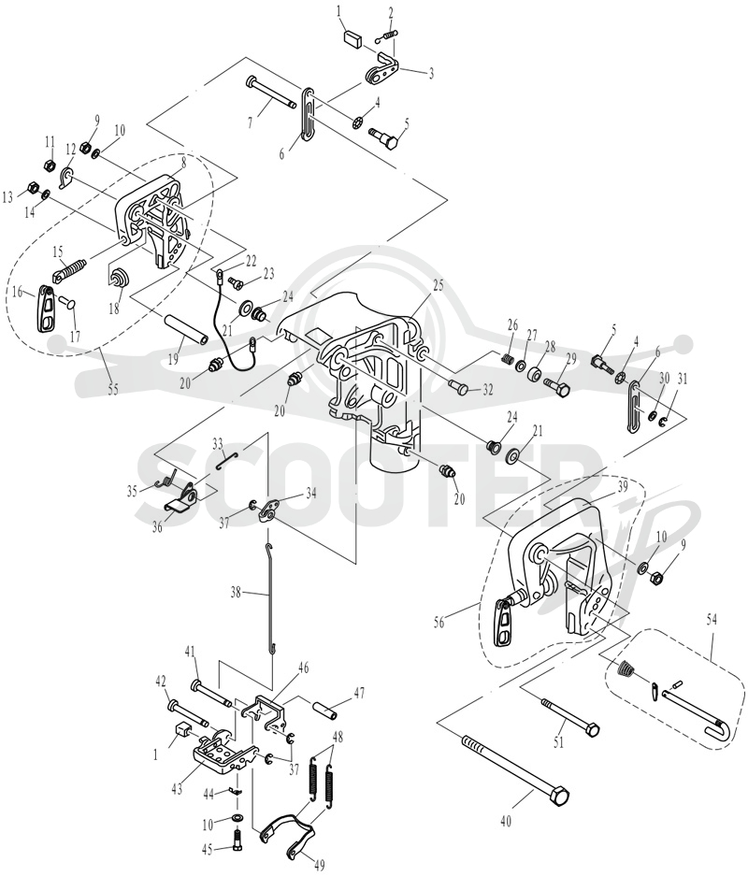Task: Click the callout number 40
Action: [506, 821]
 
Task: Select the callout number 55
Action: [113, 390]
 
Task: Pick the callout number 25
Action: [438, 285]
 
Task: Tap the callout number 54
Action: [712, 619]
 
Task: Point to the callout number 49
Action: [320, 865]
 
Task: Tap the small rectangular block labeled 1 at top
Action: [352, 41]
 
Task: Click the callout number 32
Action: [488, 391]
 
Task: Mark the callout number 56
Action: [439, 622]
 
